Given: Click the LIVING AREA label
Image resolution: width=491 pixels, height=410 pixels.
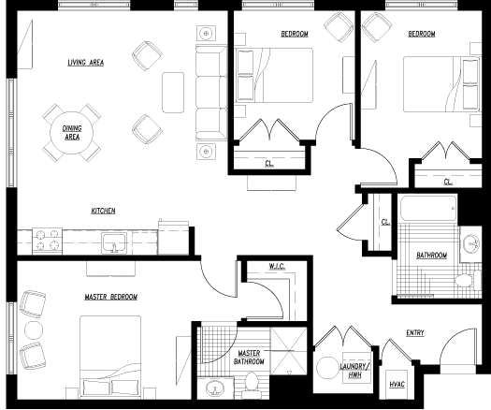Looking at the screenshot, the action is [x=86, y=63].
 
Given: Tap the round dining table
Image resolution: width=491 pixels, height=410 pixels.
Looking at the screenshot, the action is [x=72, y=133].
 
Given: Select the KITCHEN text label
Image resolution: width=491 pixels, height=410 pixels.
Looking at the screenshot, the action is [x=103, y=211].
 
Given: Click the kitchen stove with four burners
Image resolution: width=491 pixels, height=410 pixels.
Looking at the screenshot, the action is [x=48, y=241].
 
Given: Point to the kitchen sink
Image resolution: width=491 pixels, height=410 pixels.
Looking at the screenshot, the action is [x=114, y=243].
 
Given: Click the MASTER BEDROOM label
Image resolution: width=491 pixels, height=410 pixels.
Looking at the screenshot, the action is [x=111, y=297].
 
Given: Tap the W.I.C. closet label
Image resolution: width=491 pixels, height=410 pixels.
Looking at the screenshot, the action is [x=277, y=267].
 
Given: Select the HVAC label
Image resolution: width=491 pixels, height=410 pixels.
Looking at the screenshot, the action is [x=397, y=385].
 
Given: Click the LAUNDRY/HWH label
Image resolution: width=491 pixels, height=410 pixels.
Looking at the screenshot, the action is [x=354, y=370].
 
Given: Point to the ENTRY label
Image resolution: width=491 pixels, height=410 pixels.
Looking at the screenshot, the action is [x=415, y=333].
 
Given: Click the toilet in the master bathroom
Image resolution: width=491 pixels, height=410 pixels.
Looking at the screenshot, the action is [x=251, y=382].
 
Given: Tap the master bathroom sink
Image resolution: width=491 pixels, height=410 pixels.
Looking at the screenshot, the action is [x=215, y=388].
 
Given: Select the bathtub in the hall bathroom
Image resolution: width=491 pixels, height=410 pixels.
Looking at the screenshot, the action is [x=428, y=208].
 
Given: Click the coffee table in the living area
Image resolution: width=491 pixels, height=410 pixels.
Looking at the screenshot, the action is [x=173, y=93].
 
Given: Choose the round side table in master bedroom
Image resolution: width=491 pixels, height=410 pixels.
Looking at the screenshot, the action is [x=34, y=330].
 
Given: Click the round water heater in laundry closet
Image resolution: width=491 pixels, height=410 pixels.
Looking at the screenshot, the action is [x=327, y=368].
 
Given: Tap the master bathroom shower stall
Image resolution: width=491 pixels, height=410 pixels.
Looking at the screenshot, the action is [x=288, y=351].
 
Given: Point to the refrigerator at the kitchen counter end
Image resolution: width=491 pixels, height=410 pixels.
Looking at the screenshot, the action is [x=173, y=238].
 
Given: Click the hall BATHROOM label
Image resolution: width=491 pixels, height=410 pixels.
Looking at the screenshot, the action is [x=431, y=256].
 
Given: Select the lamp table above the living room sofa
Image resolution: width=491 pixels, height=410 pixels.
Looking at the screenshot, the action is [x=206, y=33].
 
